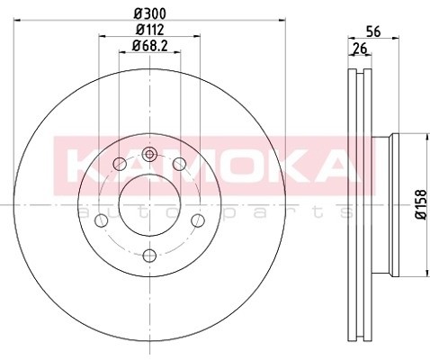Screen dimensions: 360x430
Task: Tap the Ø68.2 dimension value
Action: point(149,47)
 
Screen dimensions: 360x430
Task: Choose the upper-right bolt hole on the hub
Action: point(180,164)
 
